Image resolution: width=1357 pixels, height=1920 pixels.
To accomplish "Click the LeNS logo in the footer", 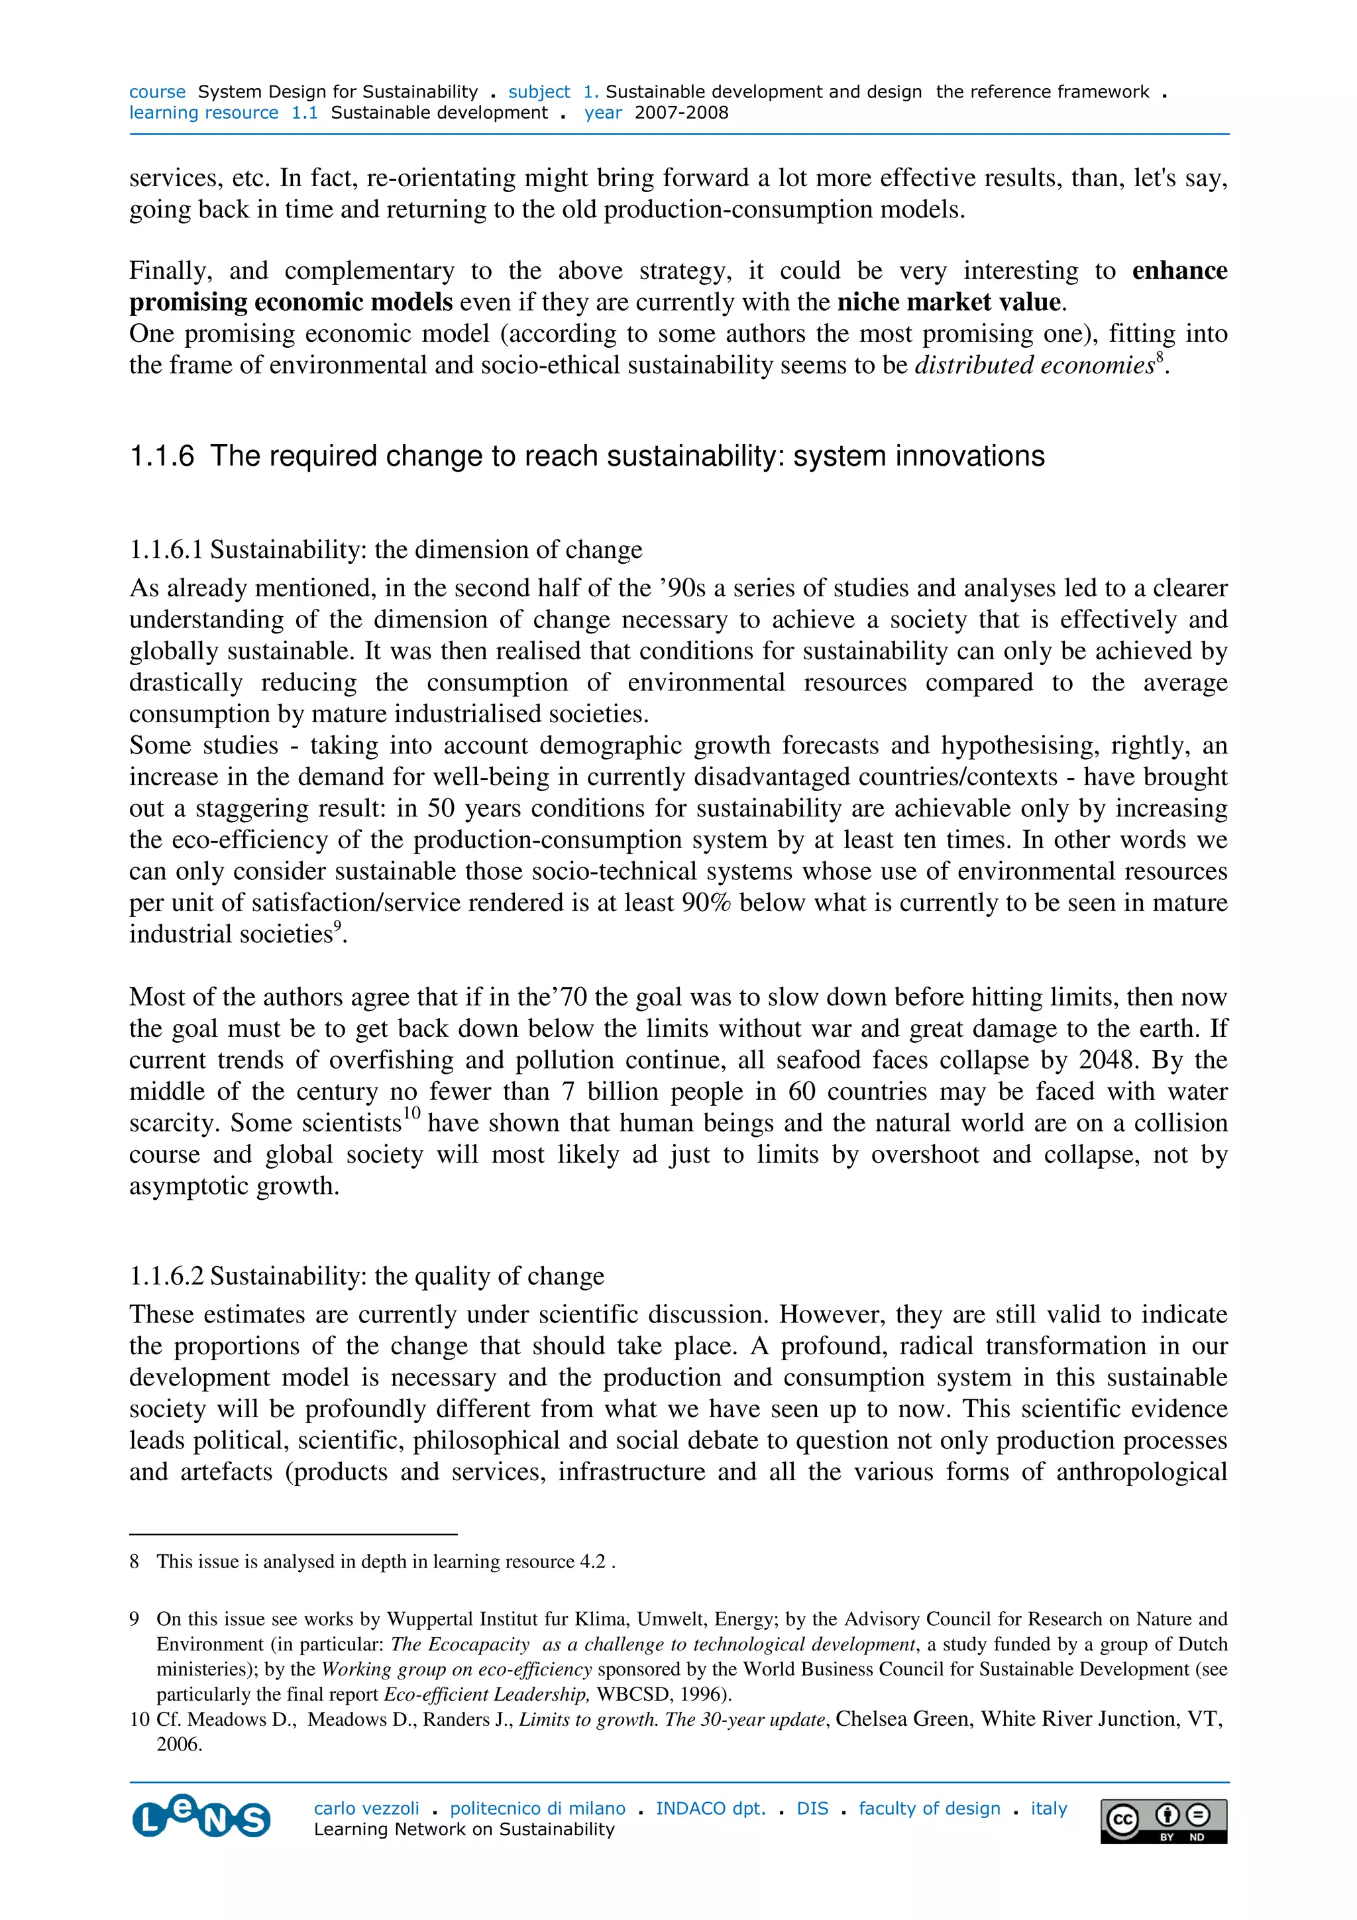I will [x=201, y=1817].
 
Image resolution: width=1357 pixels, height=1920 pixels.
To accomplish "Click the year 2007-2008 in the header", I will [x=680, y=113].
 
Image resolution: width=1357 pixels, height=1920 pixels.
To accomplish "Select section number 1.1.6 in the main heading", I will [x=162, y=456].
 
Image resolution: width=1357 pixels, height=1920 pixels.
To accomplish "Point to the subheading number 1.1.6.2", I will [x=166, y=1276].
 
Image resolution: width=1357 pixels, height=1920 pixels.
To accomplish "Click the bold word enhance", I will [x=1179, y=270].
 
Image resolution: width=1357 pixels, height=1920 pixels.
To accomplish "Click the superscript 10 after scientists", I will [x=411, y=1113].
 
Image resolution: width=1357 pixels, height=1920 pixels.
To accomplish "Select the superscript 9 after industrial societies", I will [x=338, y=924].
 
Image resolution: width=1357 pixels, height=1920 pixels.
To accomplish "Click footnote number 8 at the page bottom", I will [x=134, y=1562].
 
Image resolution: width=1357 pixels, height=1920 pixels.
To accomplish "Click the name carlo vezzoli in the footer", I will [x=366, y=1808].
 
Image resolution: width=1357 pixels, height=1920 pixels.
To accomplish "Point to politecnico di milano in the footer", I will [x=537, y=1808].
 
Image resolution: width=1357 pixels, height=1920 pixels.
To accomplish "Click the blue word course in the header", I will [x=157, y=92].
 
